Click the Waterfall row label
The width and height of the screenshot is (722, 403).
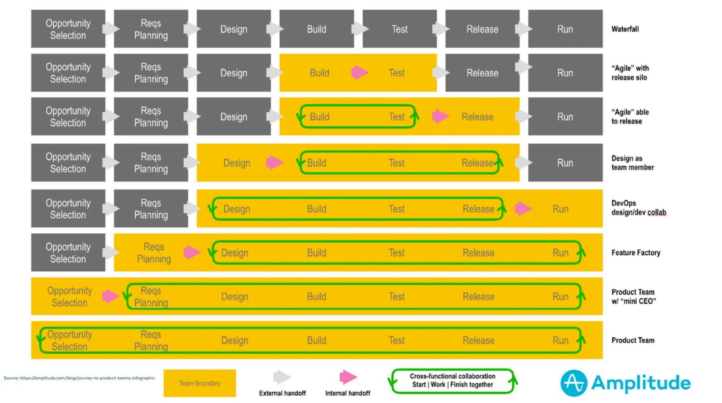(x=625, y=29)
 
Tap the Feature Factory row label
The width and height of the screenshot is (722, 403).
(x=635, y=252)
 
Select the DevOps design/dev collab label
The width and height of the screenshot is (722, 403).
(x=638, y=208)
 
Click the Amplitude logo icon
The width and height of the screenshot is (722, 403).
(x=574, y=383)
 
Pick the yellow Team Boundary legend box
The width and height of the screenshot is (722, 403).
(x=199, y=383)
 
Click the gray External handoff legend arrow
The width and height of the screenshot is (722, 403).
(x=282, y=377)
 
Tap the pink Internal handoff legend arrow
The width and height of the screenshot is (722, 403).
(x=348, y=377)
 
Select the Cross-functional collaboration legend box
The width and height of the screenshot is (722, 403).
(x=452, y=380)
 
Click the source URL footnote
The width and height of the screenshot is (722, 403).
(x=79, y=378)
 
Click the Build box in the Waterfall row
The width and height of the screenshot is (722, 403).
(x=316, y=29)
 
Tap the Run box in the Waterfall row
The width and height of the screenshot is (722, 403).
(x=565, y=29)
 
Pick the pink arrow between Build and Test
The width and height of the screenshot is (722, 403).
(x=360, y=72)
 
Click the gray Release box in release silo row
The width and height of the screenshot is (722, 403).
(x=482, y=73)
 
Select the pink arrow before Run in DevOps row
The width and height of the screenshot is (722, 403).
(x=523, y=208)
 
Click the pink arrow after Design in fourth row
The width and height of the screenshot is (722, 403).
(x=274, y=162)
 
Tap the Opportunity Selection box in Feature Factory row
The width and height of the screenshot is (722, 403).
(x=68, y=252)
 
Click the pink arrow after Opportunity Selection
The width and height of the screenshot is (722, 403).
(x=110, y=296)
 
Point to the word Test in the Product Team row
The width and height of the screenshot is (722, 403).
(x=397, y=340)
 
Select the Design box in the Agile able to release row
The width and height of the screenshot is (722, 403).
(x=233, y=117)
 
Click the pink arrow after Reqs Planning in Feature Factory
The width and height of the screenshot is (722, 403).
(x=192, y=252)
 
